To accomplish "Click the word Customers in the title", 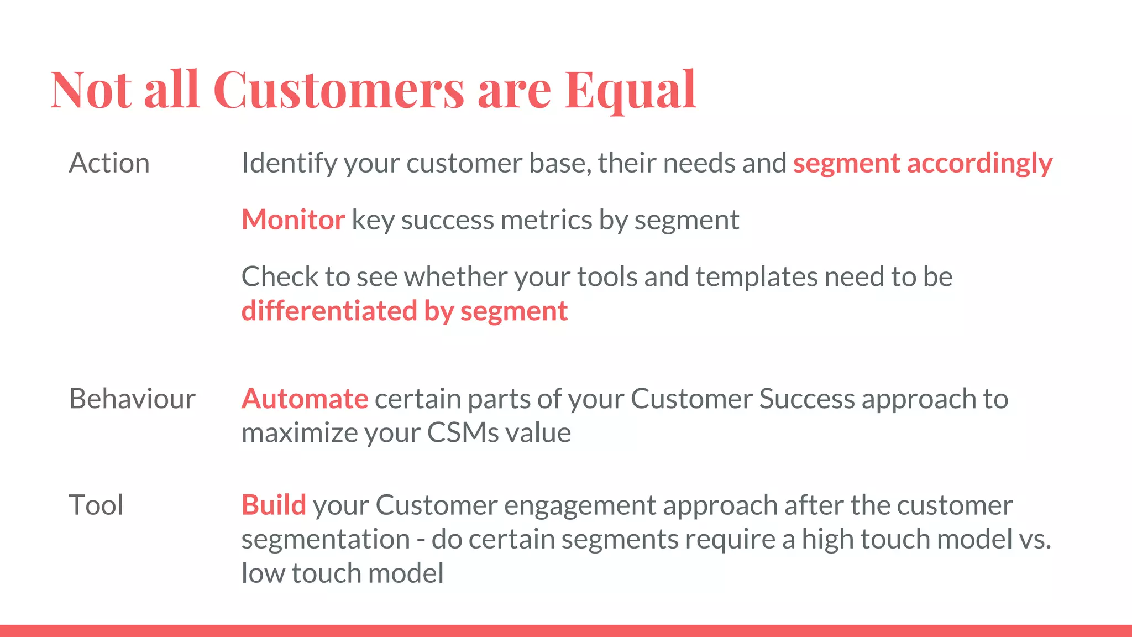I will (338, 90).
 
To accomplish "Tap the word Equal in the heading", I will (630, 90).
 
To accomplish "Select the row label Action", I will (109, 164).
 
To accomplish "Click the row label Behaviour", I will (132, 399).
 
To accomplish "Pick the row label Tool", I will (96, 505).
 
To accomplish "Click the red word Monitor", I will (293, 220).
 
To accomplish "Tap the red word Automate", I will (305, 399).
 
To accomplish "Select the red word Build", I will (274, 505).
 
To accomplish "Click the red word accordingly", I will (979, 164).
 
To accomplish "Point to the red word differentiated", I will (329, 311).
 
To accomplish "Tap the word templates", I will (756, 277).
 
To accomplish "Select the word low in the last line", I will (263, 573).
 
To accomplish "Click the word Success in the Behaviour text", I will (806, 399).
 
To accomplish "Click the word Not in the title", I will (91, 90).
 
